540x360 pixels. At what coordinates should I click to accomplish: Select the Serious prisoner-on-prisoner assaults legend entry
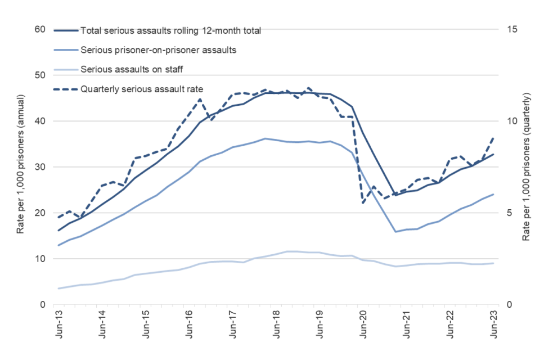click(158, 50)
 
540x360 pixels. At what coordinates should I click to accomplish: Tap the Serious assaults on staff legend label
click(132, 69)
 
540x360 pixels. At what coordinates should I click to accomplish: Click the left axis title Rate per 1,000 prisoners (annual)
click(21, 167)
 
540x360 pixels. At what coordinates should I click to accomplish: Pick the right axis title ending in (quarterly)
click(526, 167)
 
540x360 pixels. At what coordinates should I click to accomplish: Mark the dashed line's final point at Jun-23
click(493, 137)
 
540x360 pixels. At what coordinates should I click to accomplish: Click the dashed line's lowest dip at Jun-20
click(363, 203)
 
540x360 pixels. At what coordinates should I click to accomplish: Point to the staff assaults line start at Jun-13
click(58, 289)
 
